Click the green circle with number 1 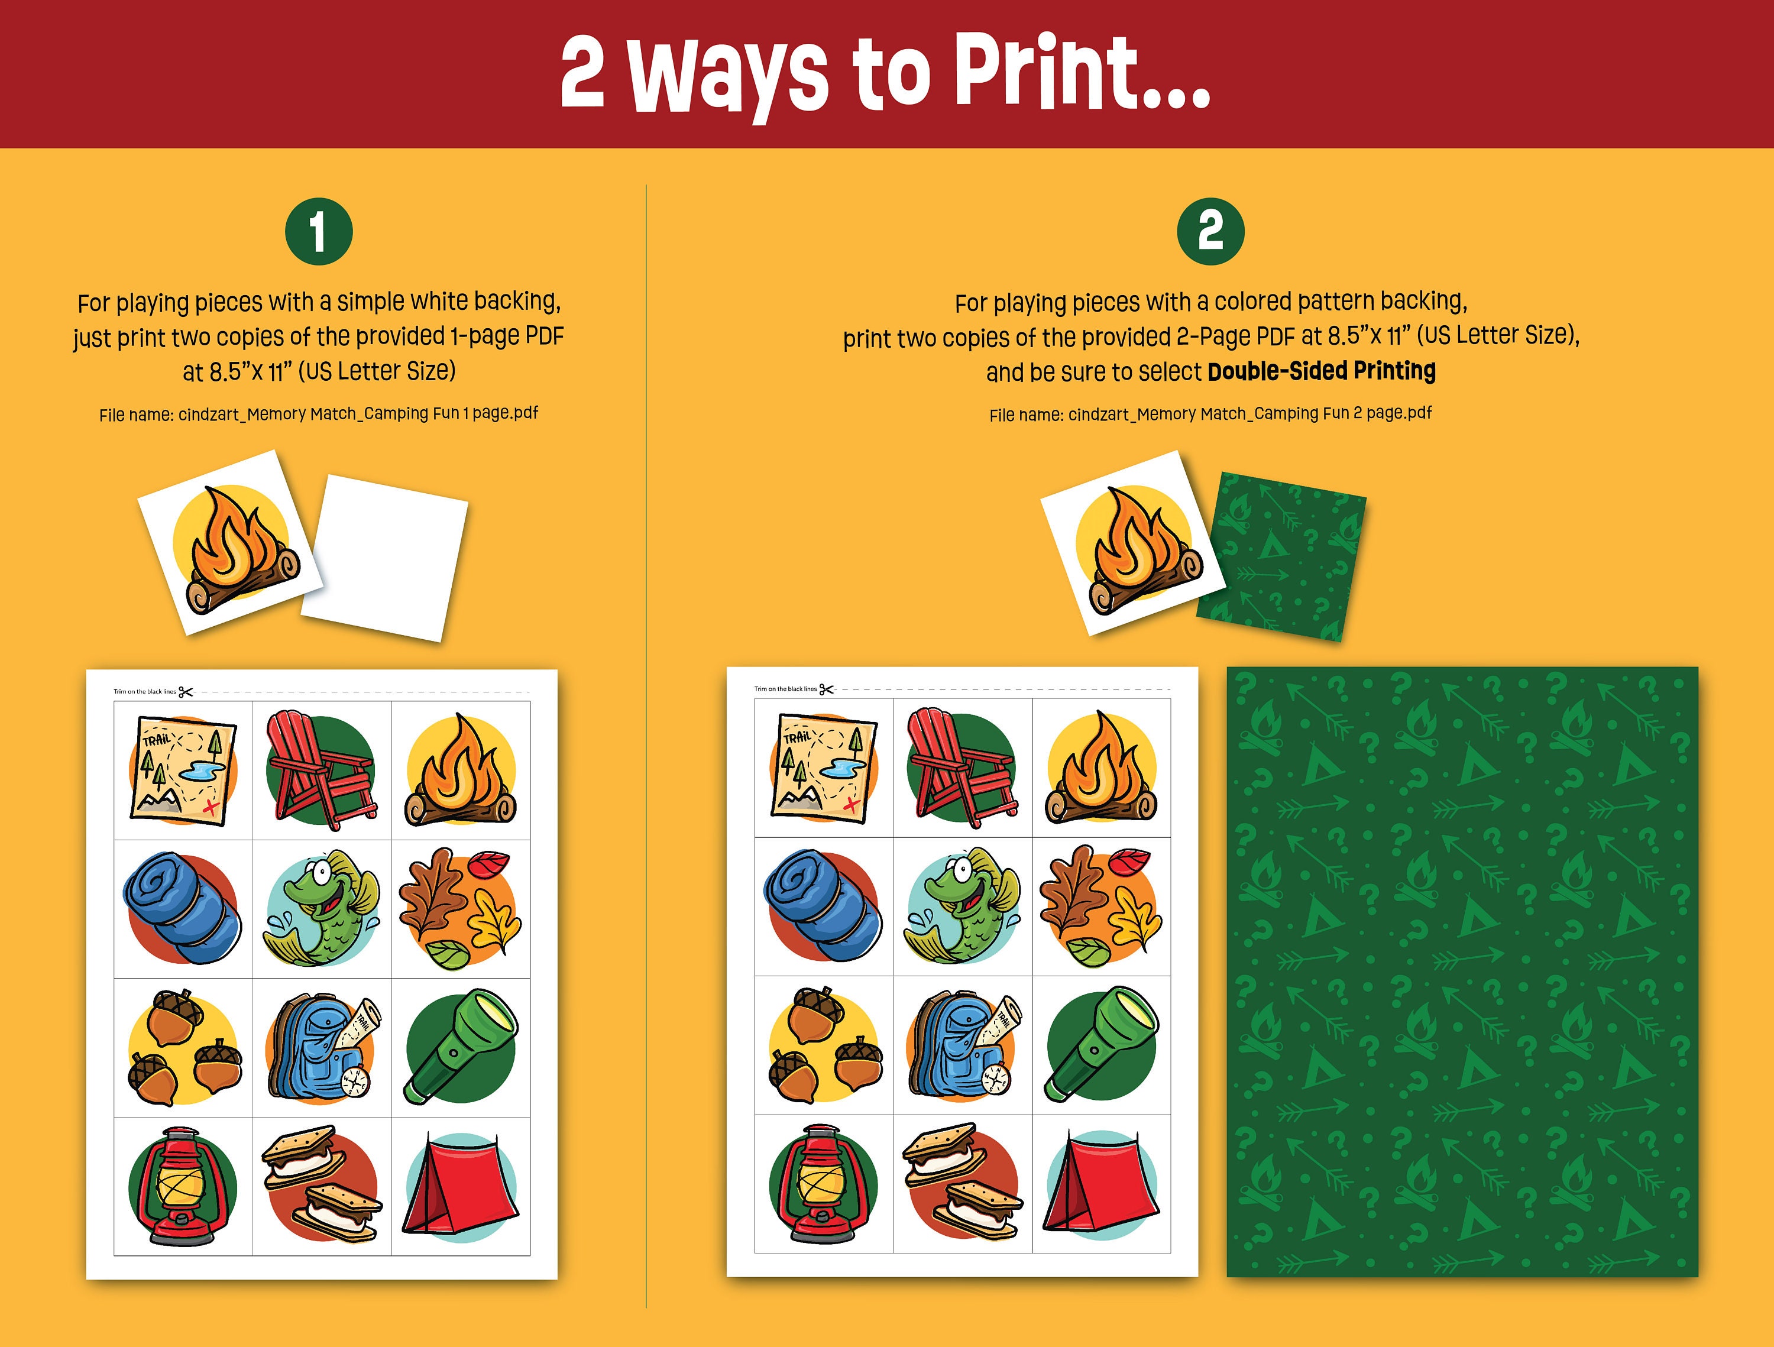(318, 232)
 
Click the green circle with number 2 (1210, 232)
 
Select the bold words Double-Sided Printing (1321, 371)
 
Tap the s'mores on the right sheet (962, 1182)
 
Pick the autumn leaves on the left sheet (460, 908)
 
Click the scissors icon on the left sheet (185, 691)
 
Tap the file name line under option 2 (1210, 414)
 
